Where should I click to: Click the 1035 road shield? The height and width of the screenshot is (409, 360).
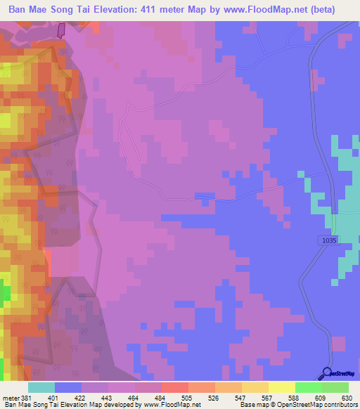(x=328, y=240)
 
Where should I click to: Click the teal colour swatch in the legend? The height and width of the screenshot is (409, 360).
(x=41, y=387)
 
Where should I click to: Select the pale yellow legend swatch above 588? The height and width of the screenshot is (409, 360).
(x=281, y=387)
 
